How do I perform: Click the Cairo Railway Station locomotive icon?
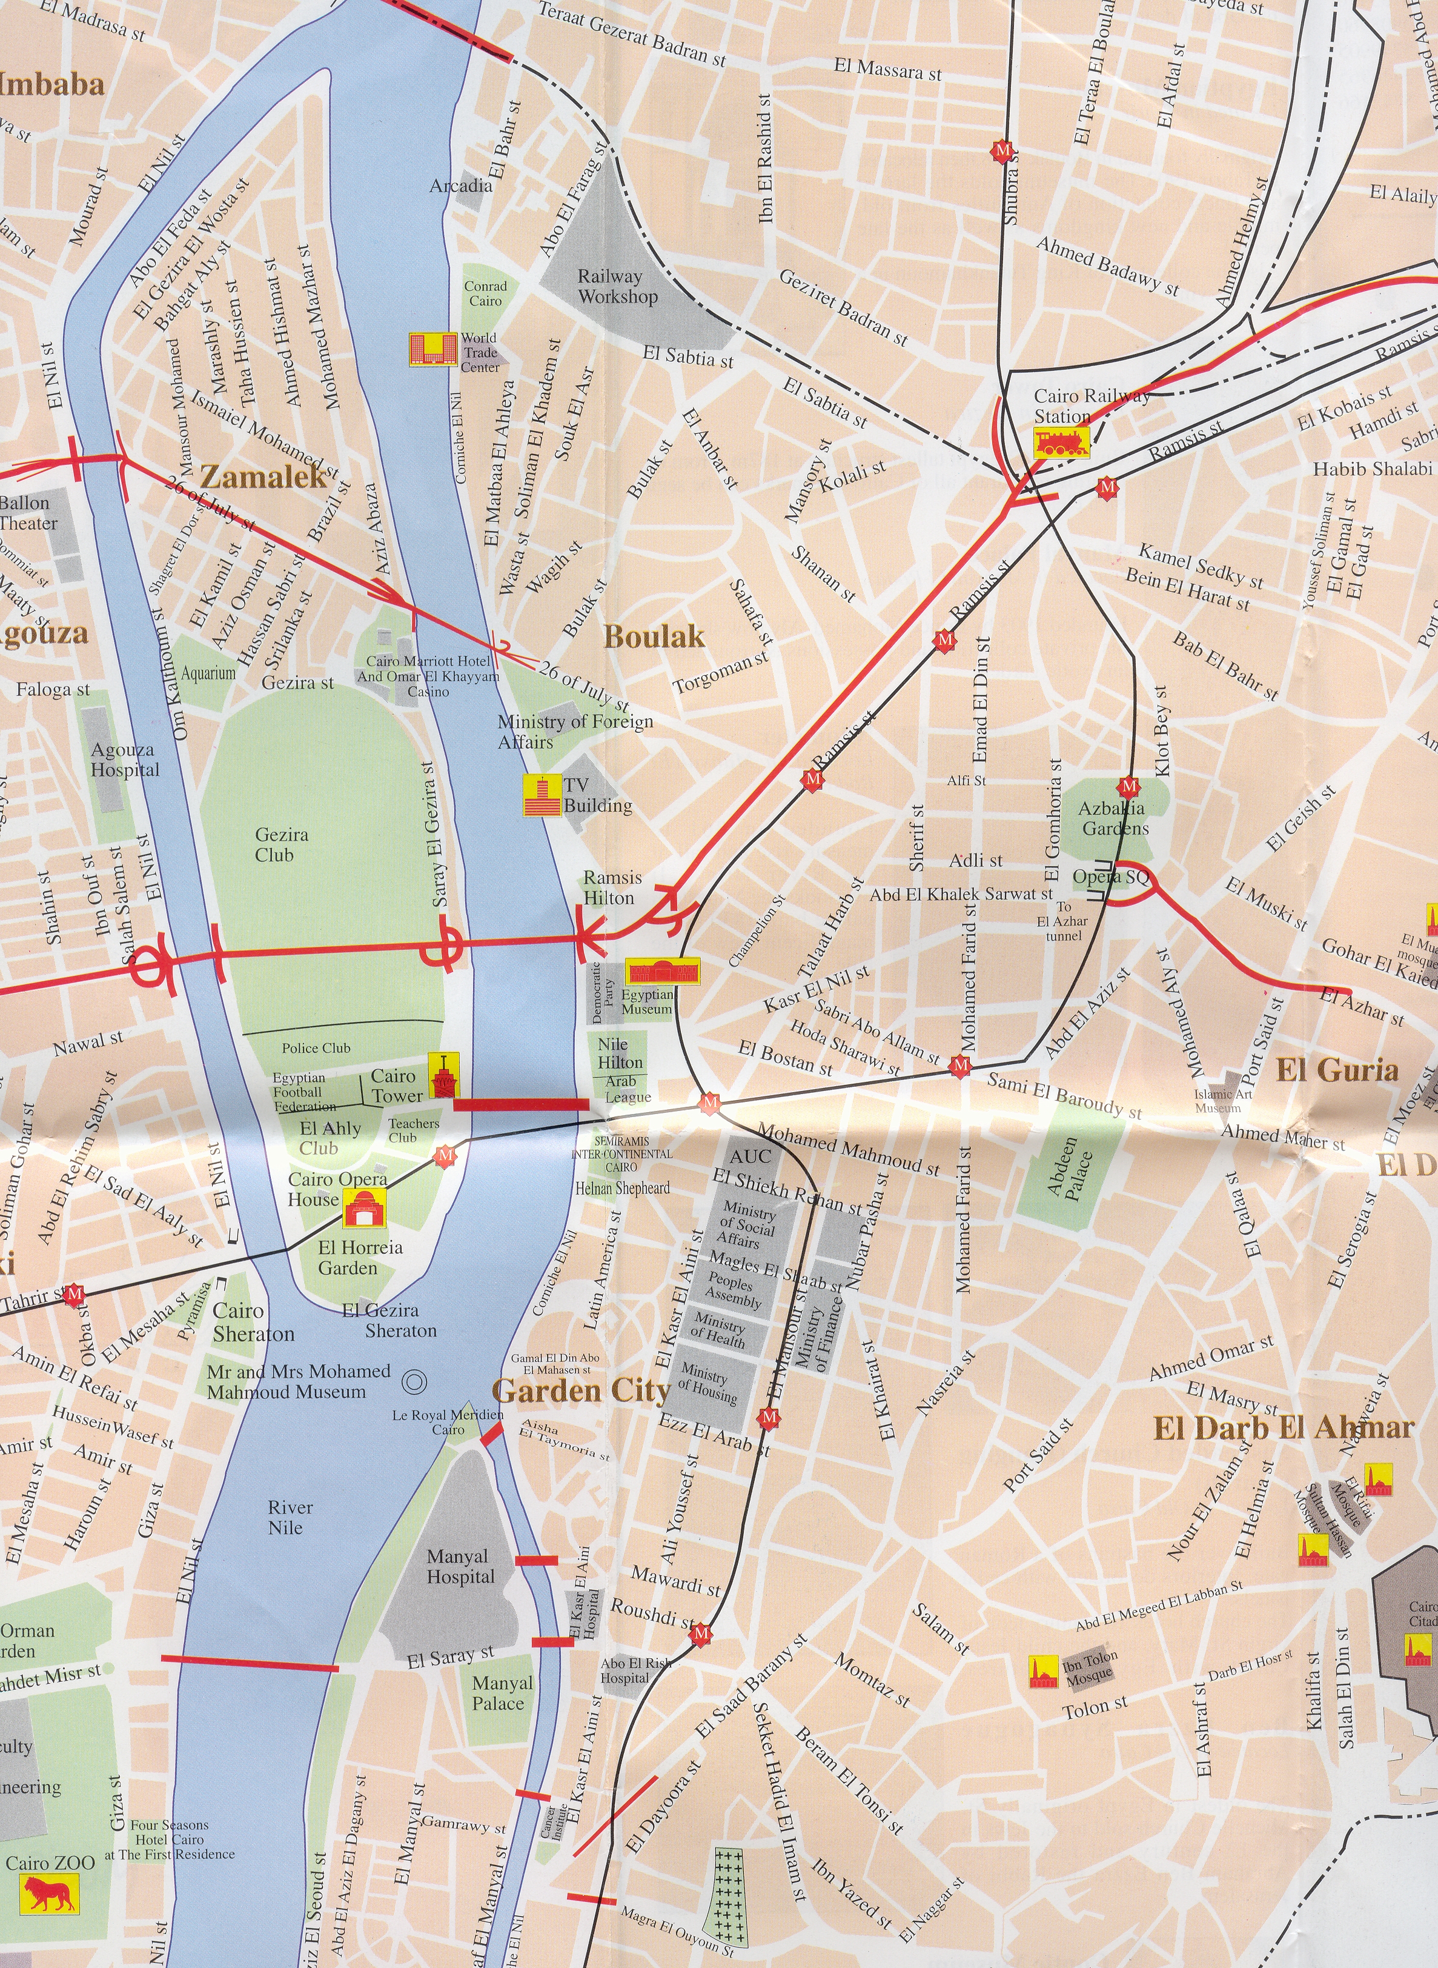pos(1060,443)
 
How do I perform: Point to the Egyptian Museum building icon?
pos(663,971)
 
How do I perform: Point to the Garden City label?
pos(581,1390)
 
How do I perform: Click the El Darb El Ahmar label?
pos(1283,1428)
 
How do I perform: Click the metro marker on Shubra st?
pos(1002,152)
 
